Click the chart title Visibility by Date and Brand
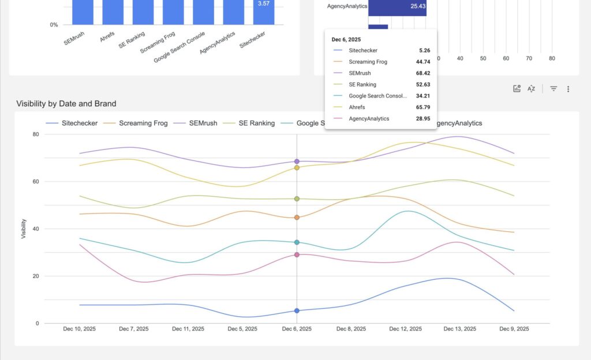66,104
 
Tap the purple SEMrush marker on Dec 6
297,162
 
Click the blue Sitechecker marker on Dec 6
297,310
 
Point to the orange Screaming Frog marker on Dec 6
297,217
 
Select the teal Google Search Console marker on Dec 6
297,242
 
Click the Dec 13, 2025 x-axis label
460,329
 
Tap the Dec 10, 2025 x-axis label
79,329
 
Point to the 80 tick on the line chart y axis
35,134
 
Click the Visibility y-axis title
24,229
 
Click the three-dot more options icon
568,89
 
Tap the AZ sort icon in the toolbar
532,89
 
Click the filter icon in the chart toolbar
553,89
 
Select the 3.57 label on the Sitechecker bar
263,3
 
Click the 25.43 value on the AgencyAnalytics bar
418,6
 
